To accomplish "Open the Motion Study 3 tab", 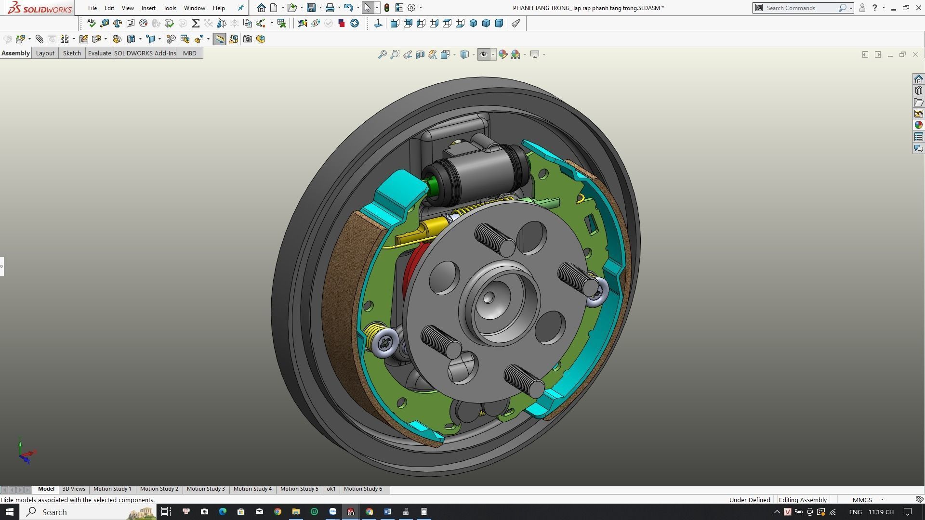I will click(206, 489).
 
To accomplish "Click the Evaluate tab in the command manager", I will click(99, 53).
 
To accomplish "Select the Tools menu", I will click(170, 8).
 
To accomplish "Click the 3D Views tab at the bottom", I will click(74, 489).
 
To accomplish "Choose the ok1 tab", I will click(331, 489).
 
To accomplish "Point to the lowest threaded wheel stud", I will click(524, 380).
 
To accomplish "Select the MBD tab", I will click(189, 53).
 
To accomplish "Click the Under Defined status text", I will click(749, 500).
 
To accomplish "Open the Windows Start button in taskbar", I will click(9, 511).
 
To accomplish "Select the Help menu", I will click(219, 8).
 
